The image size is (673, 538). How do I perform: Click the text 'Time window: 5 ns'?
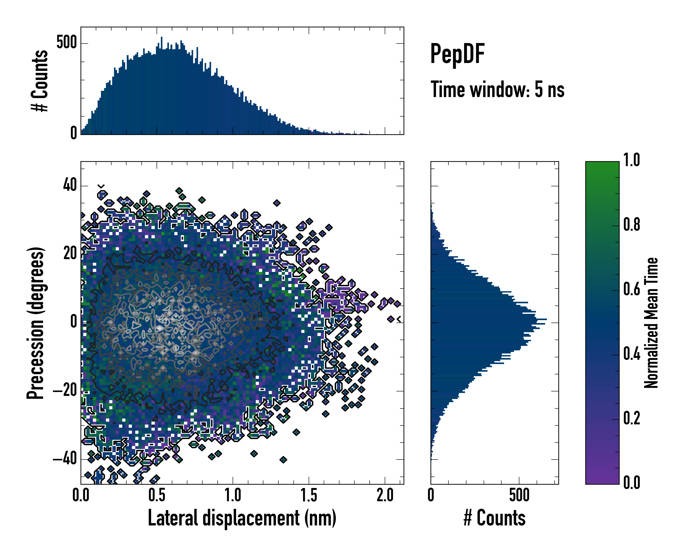(497, 89)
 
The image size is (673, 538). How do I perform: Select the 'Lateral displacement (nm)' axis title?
(242, 518)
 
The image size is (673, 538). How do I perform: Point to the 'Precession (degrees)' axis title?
(35, 323)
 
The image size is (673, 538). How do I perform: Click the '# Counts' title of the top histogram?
(40, 81)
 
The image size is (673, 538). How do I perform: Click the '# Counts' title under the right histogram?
(494, 518)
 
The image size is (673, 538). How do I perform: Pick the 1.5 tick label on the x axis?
(309, 495)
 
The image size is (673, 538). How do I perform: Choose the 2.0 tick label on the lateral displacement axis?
(385, 495)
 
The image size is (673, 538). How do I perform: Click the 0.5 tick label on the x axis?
(157, 495)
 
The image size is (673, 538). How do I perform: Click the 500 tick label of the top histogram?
(66, 43)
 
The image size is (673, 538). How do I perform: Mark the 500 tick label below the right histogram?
(519, 495)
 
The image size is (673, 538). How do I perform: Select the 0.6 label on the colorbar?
(631, 289)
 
